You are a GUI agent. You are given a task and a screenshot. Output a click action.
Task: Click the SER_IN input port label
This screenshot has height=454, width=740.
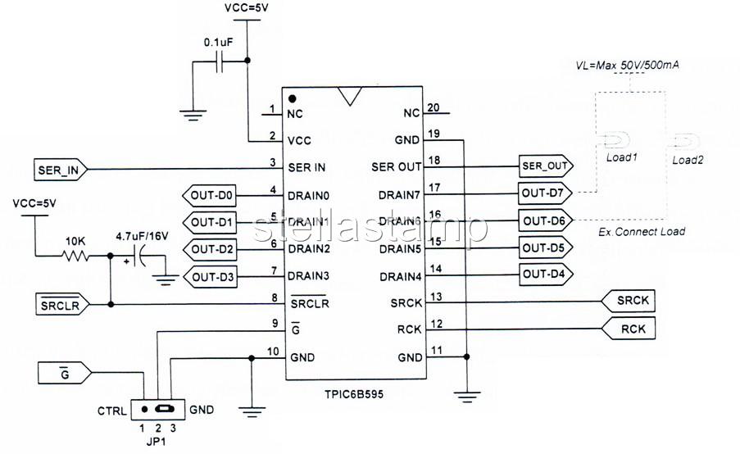tap(60, 170)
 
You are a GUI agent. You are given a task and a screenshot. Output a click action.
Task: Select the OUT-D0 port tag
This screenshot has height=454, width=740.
tap(211, 196)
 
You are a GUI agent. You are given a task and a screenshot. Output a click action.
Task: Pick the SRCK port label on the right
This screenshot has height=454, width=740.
tap(631, 302)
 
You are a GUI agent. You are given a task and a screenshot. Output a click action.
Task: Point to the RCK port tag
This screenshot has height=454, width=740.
tap(631, 329)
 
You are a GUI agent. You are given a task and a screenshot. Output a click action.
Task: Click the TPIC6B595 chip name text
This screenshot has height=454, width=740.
tap(353, 393)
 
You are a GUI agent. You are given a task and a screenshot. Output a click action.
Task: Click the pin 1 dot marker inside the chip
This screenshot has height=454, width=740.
tap(292, 98)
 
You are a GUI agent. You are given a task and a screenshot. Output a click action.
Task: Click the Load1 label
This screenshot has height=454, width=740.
tap(621, 157)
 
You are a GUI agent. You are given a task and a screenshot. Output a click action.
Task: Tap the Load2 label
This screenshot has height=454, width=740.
tap(688, 160)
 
